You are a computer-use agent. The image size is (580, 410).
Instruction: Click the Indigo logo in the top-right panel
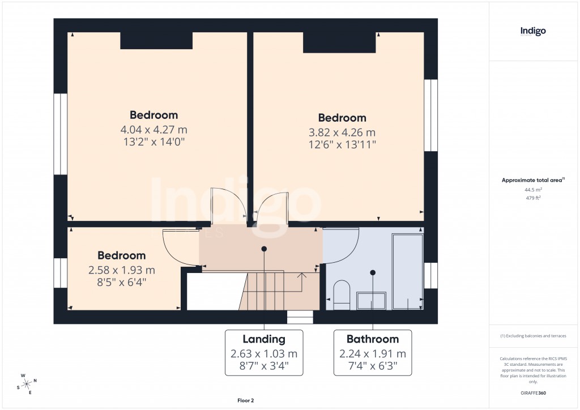coord(533,32)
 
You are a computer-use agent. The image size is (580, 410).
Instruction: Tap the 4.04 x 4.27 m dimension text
coord(153,129)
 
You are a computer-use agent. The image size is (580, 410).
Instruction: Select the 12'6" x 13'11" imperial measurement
coord(342,144)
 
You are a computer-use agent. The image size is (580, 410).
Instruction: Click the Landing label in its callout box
coord(264,339)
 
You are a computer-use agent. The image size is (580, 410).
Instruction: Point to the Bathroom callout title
coord(373,339)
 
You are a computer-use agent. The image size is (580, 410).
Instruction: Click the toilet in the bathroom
coord(342,294)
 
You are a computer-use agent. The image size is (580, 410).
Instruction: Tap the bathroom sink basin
coord(371,300)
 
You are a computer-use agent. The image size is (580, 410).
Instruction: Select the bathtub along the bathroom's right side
coord(407,272)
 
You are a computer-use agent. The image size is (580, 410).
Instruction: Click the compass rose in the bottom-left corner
coord(27,383)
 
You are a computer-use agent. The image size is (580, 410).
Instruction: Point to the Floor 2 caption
coord(245,400)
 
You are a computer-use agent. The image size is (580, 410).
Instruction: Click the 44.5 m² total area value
coord(533,190)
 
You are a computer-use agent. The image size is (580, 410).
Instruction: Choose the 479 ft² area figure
coord(533,198)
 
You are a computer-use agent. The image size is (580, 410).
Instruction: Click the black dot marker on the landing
coord(264,249)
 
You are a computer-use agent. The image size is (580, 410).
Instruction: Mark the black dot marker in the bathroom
coord(373,272)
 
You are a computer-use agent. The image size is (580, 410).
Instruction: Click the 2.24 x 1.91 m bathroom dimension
coord(373,354)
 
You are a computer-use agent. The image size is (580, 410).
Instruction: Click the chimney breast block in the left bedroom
coord(156,41)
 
